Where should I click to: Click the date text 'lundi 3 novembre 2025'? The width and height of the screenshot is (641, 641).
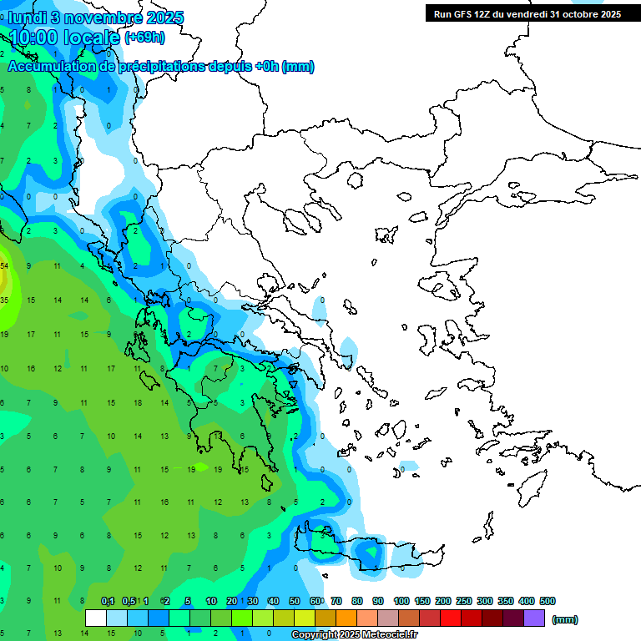[x=96, y=18]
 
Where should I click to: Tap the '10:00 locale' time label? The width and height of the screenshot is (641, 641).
[x=65, y=36]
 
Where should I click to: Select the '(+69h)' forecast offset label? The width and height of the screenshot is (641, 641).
[x=144, y=37]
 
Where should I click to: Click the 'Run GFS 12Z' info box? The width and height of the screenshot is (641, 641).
[x=527, y=13]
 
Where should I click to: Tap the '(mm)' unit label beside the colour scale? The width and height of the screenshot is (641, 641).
[x=565, y=619]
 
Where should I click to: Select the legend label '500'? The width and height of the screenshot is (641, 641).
[x=547, y=601]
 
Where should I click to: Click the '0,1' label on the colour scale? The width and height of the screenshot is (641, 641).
[x=108, y=601]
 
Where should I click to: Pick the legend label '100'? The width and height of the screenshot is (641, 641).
[x=401, y=601]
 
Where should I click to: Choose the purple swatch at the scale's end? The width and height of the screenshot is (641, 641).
[x=534, y=618]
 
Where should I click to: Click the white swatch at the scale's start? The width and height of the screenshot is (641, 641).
[x=96, y=618]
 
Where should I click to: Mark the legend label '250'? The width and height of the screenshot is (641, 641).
[x=463, y=601]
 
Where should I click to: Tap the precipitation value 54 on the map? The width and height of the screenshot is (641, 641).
[x=4, y=265]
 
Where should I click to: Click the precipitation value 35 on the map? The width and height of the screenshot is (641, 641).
[x=4, y=300]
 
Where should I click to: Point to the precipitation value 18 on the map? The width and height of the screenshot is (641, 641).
[x=138, y=402]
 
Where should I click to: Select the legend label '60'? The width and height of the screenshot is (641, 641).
[x=315, y=601]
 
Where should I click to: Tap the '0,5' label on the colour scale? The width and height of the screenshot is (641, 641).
[x=129, y=601]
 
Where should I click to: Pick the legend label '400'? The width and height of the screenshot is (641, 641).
[x=526, y=601]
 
